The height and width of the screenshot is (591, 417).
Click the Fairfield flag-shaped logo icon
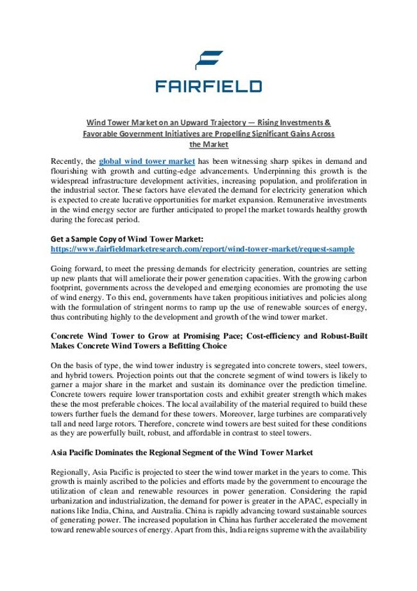208,58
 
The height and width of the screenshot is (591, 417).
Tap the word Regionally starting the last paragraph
71,472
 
